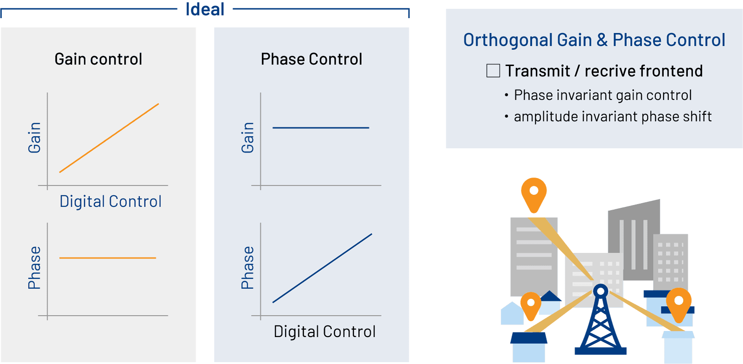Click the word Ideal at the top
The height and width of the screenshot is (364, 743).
point(205,9)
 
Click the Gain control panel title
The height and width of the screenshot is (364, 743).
point(98,59)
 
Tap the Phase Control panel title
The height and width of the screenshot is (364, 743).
point(312,59)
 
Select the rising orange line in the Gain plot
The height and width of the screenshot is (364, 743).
point(109,138)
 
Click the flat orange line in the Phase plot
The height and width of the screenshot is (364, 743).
point(107,258)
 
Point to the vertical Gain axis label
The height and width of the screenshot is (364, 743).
point(34,138)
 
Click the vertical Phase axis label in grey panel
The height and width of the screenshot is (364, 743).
point(34,268)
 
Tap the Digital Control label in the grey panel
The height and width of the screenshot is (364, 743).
point(111,201)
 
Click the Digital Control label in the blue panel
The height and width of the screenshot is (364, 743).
point(324,331)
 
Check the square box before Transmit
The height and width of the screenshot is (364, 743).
point(493,71)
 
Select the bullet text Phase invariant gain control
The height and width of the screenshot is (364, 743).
point(603,95)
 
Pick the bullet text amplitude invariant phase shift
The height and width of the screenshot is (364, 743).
point(613,117)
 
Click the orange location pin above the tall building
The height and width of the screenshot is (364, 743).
point(534,193)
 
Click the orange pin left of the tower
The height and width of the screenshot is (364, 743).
point(531,305)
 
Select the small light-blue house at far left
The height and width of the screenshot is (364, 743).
point(512,314)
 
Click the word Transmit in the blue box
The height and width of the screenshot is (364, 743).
point(537,71)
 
